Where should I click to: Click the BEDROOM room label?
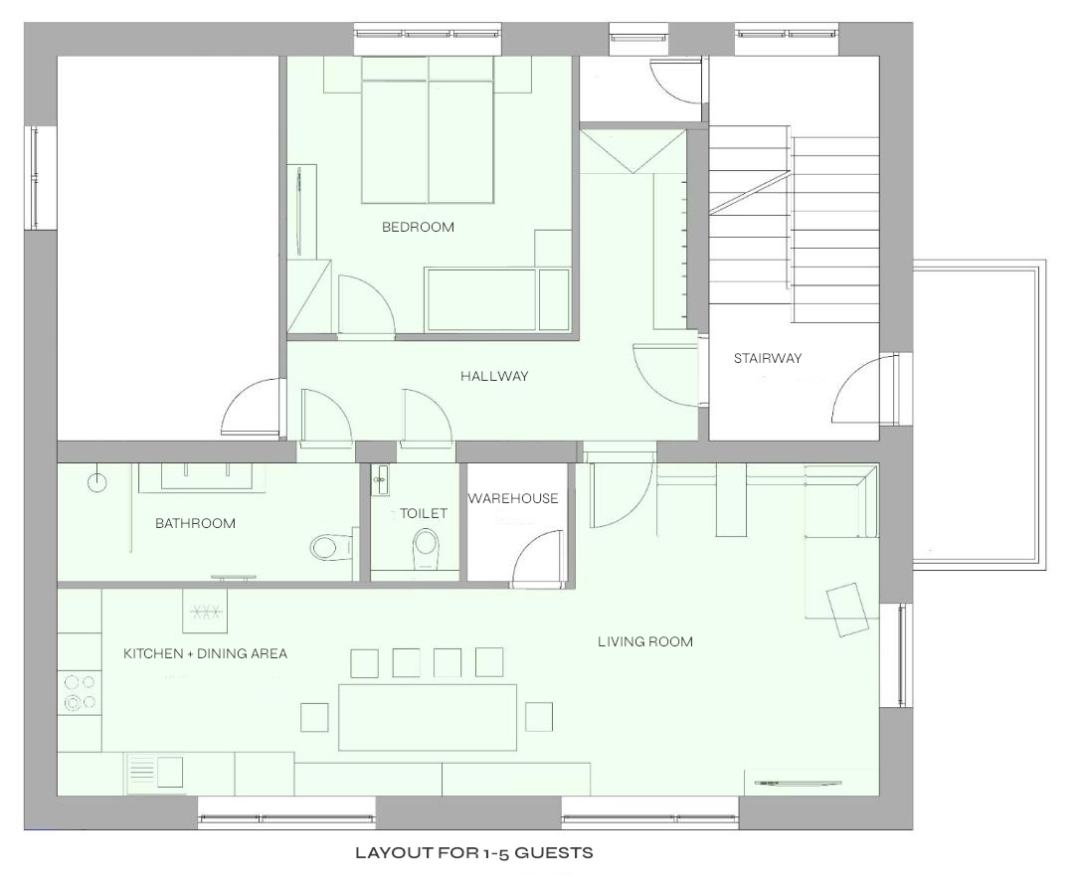click(x=418, y=227)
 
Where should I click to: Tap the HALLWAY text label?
click(x=494, y=376)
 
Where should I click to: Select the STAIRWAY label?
click(x=768, y=358)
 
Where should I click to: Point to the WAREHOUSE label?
click(x=513, y=498)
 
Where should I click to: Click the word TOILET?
click(x=424, y=513)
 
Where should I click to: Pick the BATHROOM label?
click(x=195, y=523)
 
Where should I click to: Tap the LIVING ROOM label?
click(x=645, y=641)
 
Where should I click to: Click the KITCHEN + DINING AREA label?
click(x=206, y=653)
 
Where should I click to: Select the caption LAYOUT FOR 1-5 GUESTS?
click(x=474, y=853)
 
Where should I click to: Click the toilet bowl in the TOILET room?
click(x=426, y=549)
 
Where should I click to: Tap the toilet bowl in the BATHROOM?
click(x=328, y=548)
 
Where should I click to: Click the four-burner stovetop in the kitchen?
click(x=80, y=692)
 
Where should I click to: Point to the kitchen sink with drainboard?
click(x=154, y=772)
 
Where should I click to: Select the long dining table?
click(x=428, y=717)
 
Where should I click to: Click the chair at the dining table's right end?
click(x=538, y=716)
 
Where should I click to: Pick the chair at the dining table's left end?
click(x=314, y=716)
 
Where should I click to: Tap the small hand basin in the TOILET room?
click(x=381, y=479)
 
